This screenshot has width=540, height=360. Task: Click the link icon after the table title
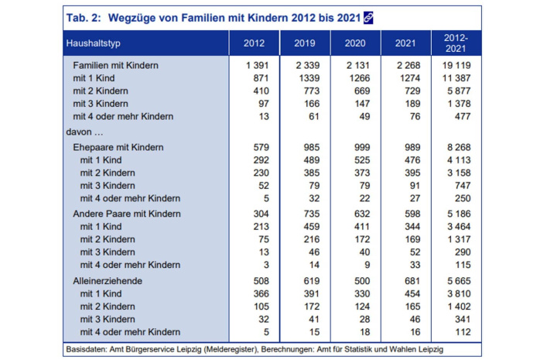coord(367,16)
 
